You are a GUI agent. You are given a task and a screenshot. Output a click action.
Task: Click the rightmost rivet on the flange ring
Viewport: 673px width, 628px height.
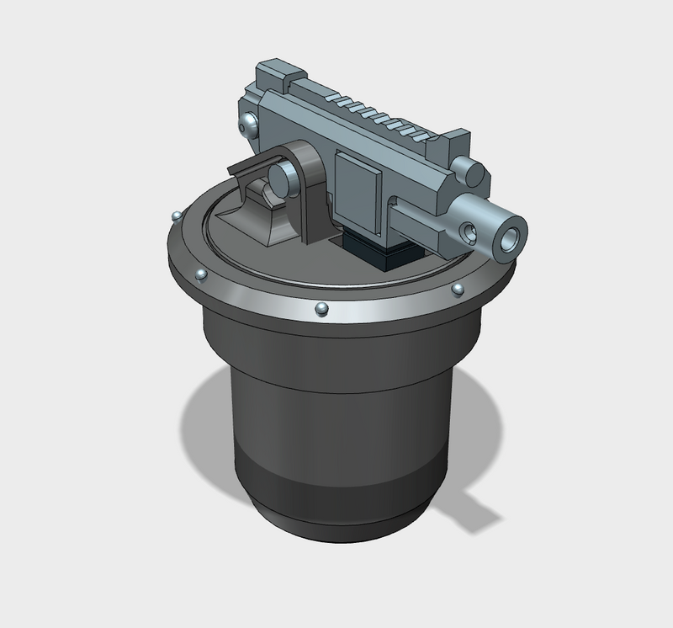(457, 290)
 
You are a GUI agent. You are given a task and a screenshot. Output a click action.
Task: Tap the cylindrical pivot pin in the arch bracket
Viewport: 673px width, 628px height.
(279, 179)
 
